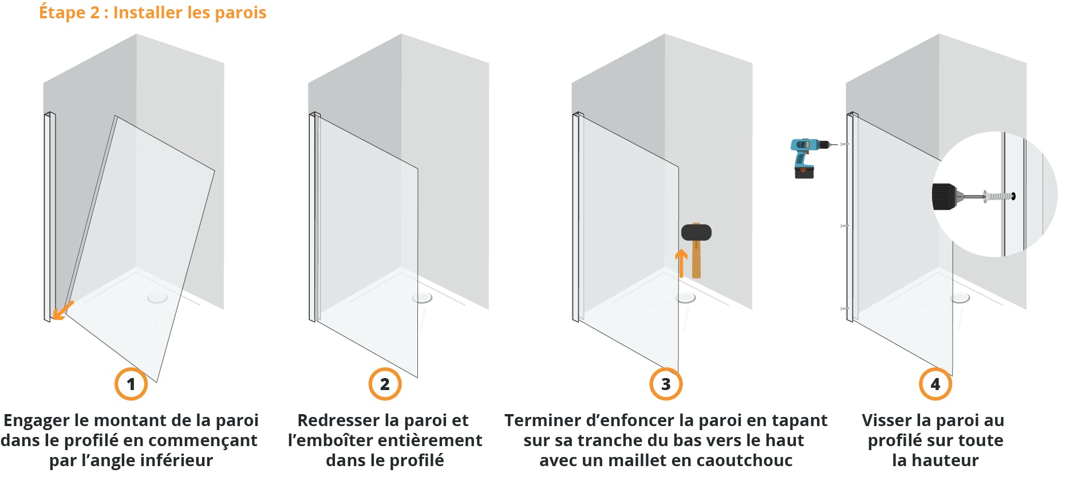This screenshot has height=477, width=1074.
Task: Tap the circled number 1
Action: (131, 384)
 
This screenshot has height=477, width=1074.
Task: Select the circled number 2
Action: (385, 384)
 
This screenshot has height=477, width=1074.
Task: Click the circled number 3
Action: (666, 384)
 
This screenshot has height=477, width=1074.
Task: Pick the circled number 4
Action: (935, 384)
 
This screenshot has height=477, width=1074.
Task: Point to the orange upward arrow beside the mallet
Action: (681, 263)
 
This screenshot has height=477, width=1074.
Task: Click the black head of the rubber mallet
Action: (696, 232)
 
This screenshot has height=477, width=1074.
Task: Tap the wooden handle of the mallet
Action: (696, 260)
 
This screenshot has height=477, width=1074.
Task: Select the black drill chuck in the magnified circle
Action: (945, 196)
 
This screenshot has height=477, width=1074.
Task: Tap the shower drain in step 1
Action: (157, 297)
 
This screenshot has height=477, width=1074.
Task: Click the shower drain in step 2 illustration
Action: (423, 297)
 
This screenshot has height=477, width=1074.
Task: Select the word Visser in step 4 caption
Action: (887, 420)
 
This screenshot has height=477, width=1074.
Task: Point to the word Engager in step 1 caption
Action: (36, 420)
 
